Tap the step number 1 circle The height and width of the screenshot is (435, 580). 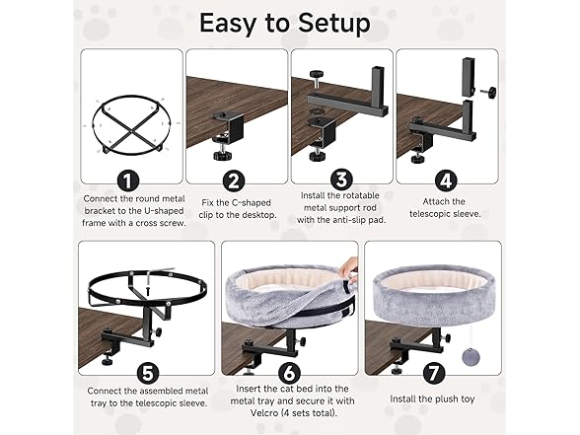124,181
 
